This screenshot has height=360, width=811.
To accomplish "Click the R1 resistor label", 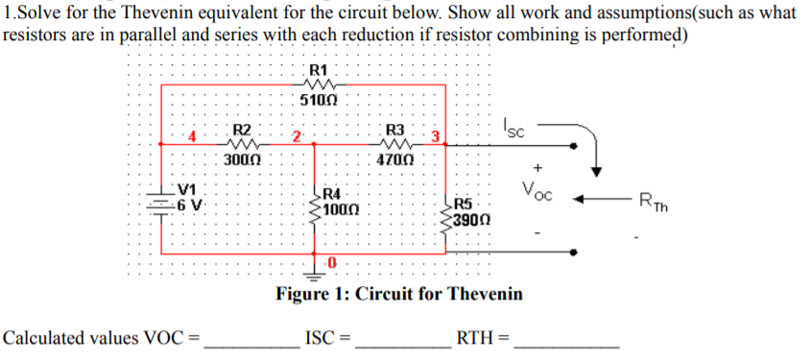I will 320,70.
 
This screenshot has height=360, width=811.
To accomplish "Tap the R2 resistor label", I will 242,130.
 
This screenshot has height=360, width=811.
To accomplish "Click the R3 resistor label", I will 394,130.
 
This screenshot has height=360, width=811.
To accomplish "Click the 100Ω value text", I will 341,208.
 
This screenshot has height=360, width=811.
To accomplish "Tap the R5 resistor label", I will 463,204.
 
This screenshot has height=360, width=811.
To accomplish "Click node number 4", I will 192,136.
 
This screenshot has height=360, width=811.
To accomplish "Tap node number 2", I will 298,135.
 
